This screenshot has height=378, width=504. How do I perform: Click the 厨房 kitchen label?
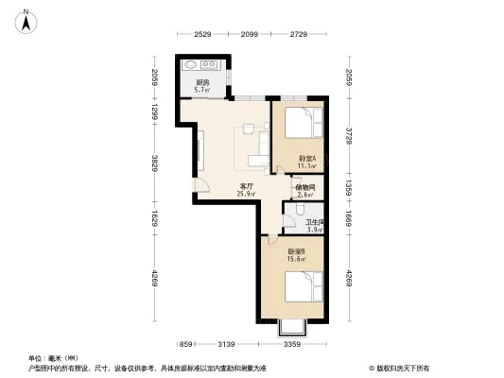[202, 83]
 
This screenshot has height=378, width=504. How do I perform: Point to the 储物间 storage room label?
[304, 187]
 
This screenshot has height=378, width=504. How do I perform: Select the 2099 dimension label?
[249, 35]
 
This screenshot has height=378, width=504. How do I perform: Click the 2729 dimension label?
[298, 35]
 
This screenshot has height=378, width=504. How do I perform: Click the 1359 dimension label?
[349, 185]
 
